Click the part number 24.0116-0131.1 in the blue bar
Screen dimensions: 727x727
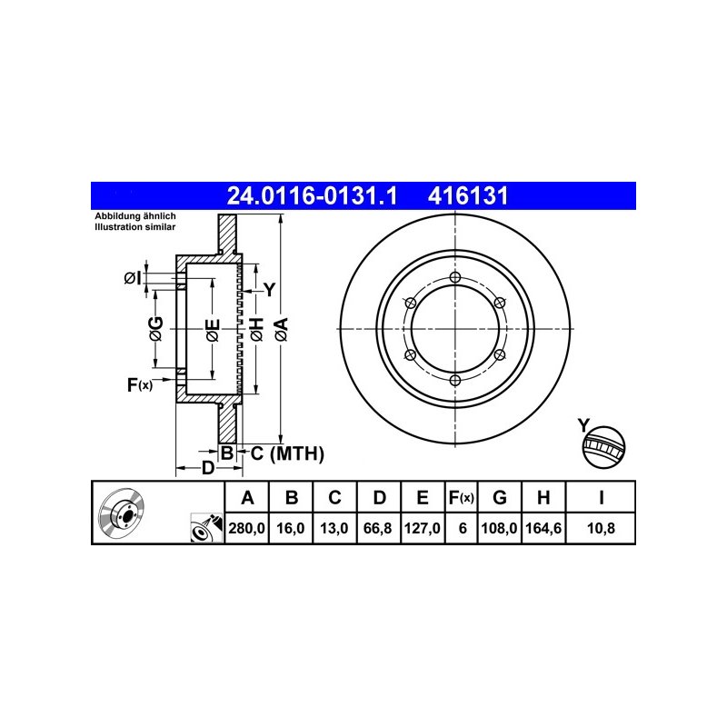(312, 196)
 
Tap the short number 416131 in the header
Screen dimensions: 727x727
(468, 196)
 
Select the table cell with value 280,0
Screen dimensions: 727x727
(246, 528)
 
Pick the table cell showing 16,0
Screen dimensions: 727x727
(291, 528)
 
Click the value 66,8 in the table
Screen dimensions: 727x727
(378, 528)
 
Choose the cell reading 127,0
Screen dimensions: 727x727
(423, 528)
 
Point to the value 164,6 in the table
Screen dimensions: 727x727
(543, 528)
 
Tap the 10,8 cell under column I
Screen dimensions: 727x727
(601, 528)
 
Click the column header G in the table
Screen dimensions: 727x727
(499, 497)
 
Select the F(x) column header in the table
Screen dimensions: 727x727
(462, 497)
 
